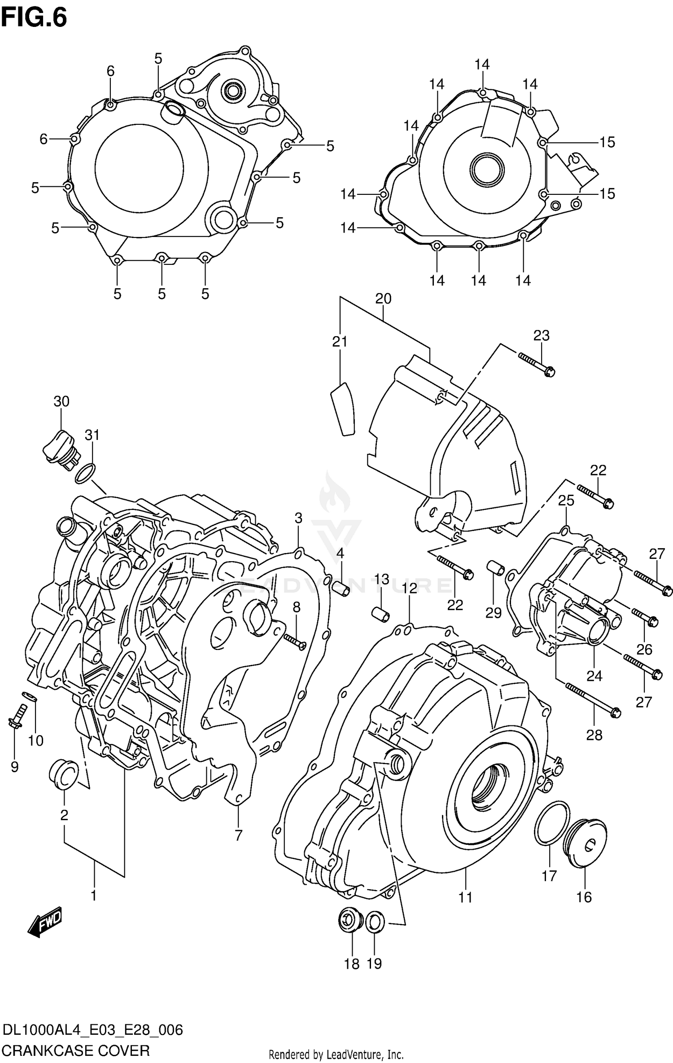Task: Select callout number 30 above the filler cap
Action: [x=61, y=401]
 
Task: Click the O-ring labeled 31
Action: [x=85, y=474]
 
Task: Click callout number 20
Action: [x=383, y=299]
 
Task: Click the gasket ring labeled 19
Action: [x=375, y=922]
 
